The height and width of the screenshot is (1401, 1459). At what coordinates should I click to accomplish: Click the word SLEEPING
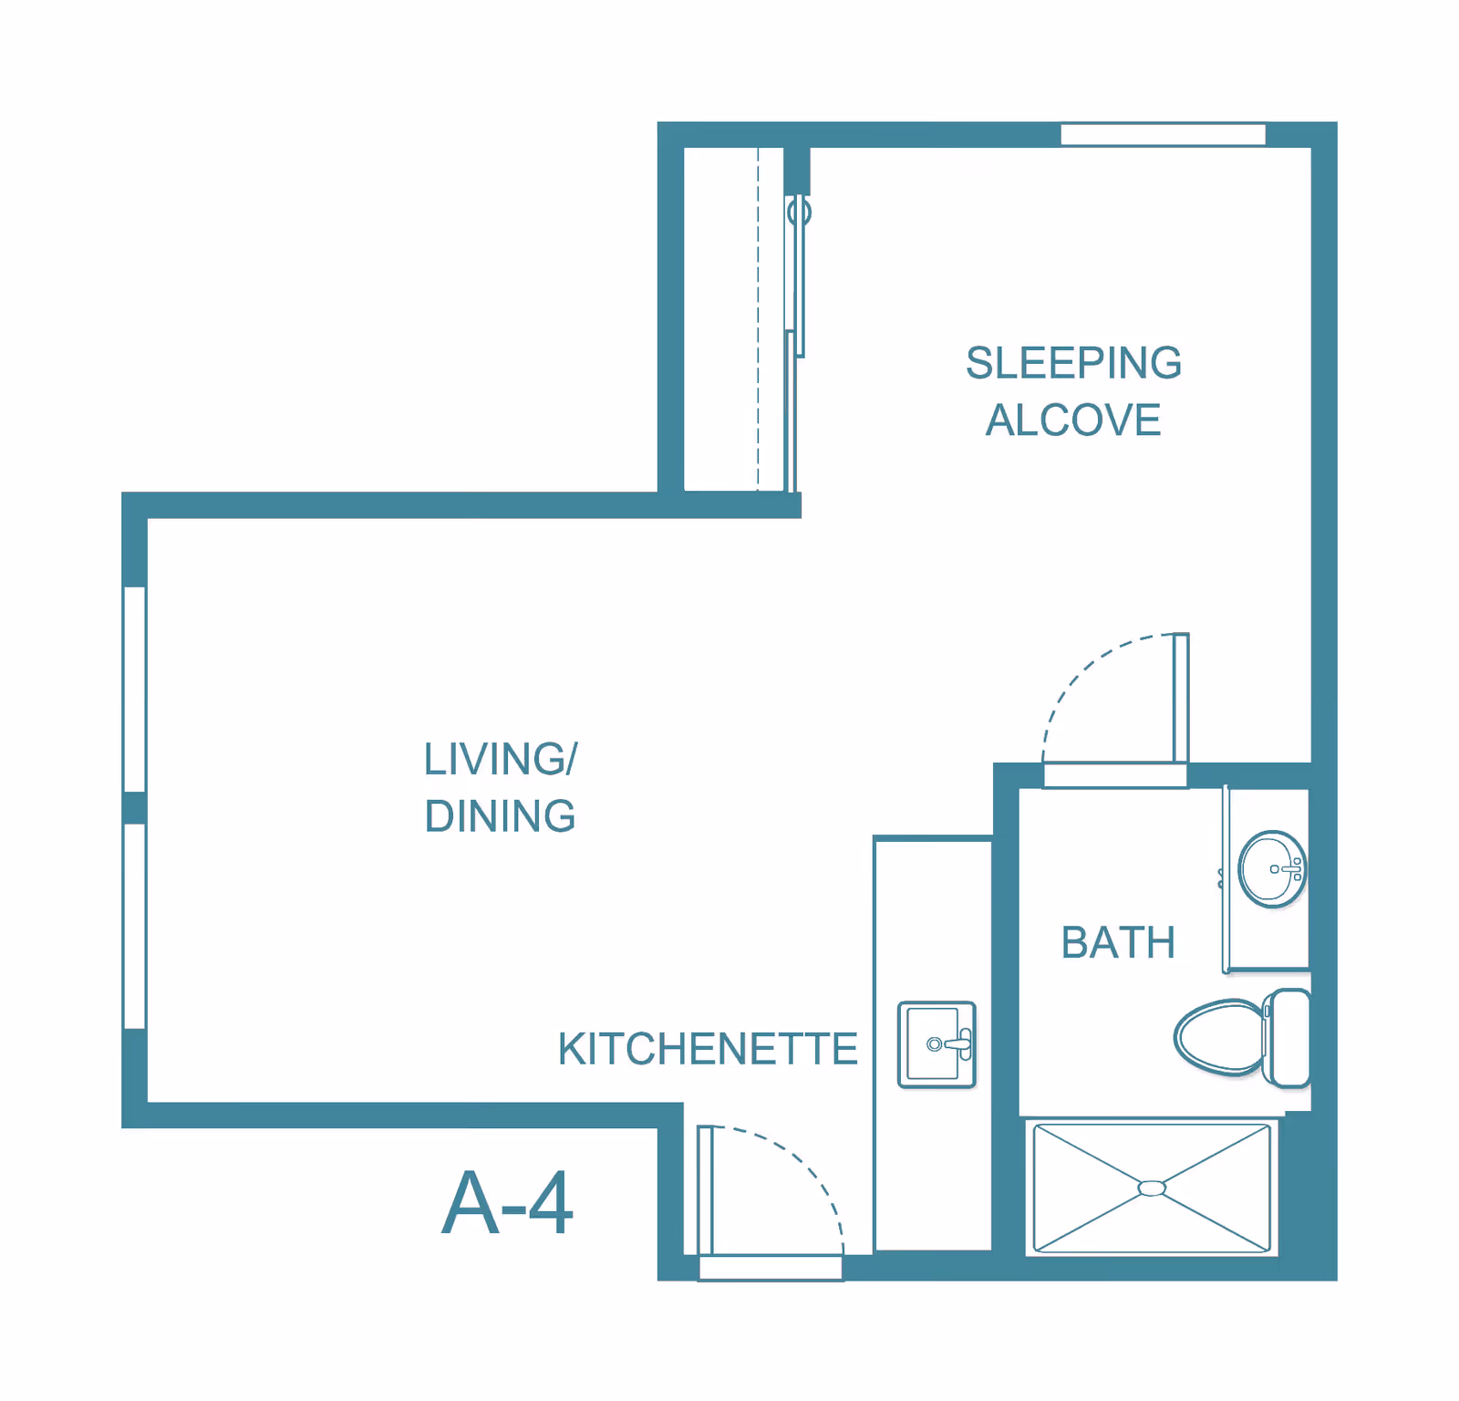tap(1073, 363)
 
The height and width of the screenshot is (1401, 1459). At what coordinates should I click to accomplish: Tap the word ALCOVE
tap(1073, 420)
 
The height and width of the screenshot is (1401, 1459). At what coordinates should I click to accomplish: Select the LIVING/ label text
tap(501, 759)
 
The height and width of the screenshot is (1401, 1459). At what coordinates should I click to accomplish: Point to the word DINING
tap(501, 816)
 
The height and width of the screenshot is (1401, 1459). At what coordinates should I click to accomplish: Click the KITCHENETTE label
tap(708, 1049)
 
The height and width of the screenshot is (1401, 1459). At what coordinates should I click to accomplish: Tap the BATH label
tap(1118, 942)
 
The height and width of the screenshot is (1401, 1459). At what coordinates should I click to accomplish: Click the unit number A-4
tap(507, 1203)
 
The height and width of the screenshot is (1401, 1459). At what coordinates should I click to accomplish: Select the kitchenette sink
tap(936, 1044)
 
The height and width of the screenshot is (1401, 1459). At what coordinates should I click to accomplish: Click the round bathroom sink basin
tap(1272, 869)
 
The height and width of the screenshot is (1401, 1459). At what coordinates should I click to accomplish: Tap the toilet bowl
tap(1219, 1038)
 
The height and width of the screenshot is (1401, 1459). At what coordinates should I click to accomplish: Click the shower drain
tap(1152, 1188)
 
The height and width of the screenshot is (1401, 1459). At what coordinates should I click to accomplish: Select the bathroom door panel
tap(1181, 698)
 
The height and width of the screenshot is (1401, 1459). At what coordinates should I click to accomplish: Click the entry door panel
tap(705, 1190)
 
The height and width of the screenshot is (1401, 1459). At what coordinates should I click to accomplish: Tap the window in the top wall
tap(1163, 134)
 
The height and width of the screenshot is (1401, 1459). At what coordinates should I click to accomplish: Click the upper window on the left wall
tap(135, 690)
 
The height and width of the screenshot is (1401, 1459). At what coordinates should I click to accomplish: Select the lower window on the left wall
tap(135, 927)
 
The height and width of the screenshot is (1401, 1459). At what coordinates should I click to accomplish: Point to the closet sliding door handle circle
tap(800, 213)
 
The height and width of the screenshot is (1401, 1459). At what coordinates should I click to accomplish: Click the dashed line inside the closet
tap(758, 319)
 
